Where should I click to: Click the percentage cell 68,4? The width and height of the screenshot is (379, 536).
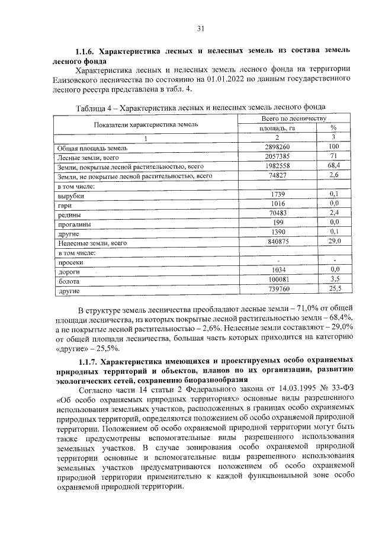tap(333, 166)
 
